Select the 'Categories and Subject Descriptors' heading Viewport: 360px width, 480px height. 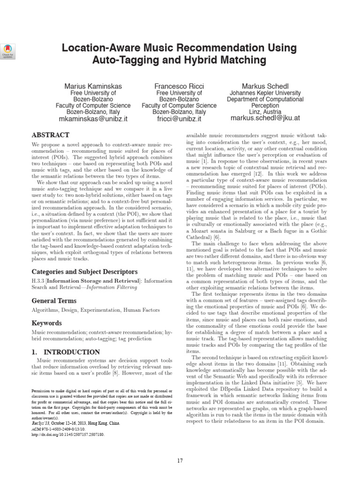84,272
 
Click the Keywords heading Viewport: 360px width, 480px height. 46,323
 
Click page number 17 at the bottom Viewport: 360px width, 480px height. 180,461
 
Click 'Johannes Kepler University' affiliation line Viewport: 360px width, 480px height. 265,93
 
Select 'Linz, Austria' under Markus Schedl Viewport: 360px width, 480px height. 265,112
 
